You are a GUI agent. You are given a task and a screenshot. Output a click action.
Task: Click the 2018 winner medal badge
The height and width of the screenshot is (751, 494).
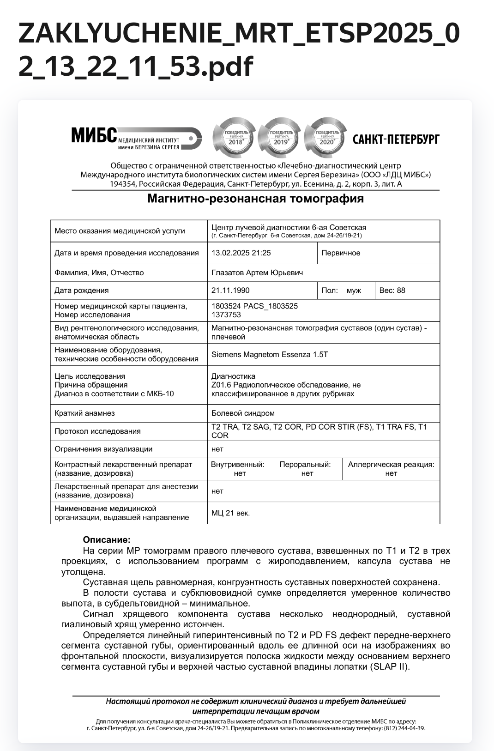coord(234,138)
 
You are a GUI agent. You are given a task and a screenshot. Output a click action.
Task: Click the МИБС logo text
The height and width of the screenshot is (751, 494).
coord(94,135)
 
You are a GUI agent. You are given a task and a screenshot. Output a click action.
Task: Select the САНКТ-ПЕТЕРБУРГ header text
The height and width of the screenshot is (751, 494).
coord(396,139)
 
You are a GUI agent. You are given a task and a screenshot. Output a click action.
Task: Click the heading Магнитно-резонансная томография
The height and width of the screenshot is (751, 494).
coord(255,199)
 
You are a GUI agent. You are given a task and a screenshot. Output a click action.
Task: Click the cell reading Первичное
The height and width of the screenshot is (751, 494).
coord(341,253)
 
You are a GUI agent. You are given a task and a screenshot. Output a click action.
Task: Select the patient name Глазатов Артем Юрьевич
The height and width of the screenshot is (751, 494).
coord(257,273)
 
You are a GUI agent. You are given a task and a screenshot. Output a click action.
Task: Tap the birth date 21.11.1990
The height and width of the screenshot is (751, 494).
coord(230,290)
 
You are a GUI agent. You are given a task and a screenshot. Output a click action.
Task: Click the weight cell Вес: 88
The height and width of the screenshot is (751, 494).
coord(392,290)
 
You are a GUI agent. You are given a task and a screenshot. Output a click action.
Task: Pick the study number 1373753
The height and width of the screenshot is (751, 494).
coord(226,315)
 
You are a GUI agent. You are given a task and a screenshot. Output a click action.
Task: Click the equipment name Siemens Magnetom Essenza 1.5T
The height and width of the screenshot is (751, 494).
coord(269,354)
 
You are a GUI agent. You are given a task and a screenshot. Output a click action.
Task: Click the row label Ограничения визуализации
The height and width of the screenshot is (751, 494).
coord(103,448)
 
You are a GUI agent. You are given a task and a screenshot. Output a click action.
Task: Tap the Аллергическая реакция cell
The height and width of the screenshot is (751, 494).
coord(391,468)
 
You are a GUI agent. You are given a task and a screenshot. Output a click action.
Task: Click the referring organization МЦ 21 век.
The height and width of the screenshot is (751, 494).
coord(230,513)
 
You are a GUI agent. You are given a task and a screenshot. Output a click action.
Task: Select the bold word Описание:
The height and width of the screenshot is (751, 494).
coord(107,539)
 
